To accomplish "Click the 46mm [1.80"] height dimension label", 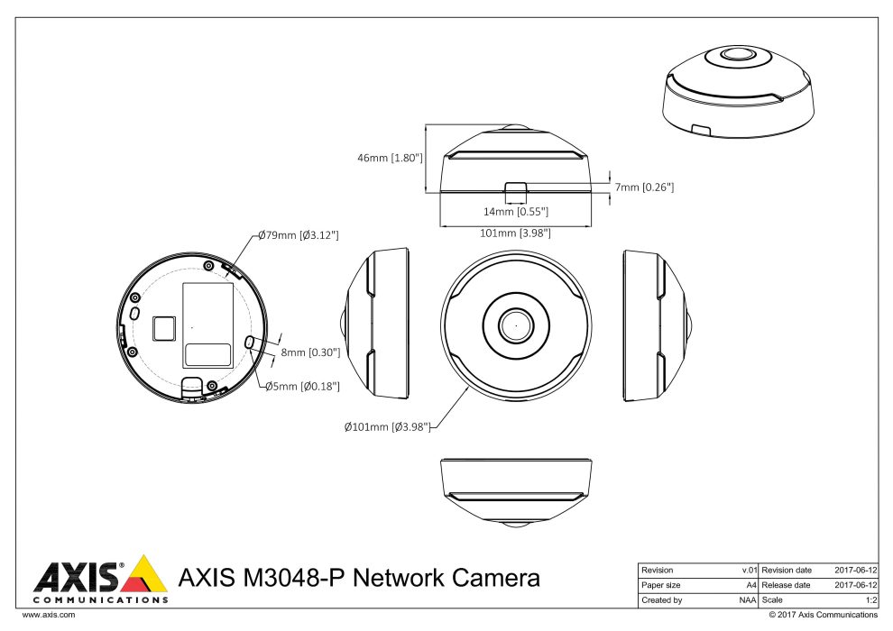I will (391, 158).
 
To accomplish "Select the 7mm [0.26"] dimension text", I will (644, 187).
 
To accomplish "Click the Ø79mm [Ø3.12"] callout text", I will (298, 235).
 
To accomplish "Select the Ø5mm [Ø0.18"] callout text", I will (302, 386).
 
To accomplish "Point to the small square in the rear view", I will (163, 327).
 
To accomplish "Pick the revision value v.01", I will (748, 571).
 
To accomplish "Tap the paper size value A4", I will (750, 585).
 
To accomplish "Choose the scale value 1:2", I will (870, 599).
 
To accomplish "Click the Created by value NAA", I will (747, 599).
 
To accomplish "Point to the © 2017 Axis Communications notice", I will (822, 615).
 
